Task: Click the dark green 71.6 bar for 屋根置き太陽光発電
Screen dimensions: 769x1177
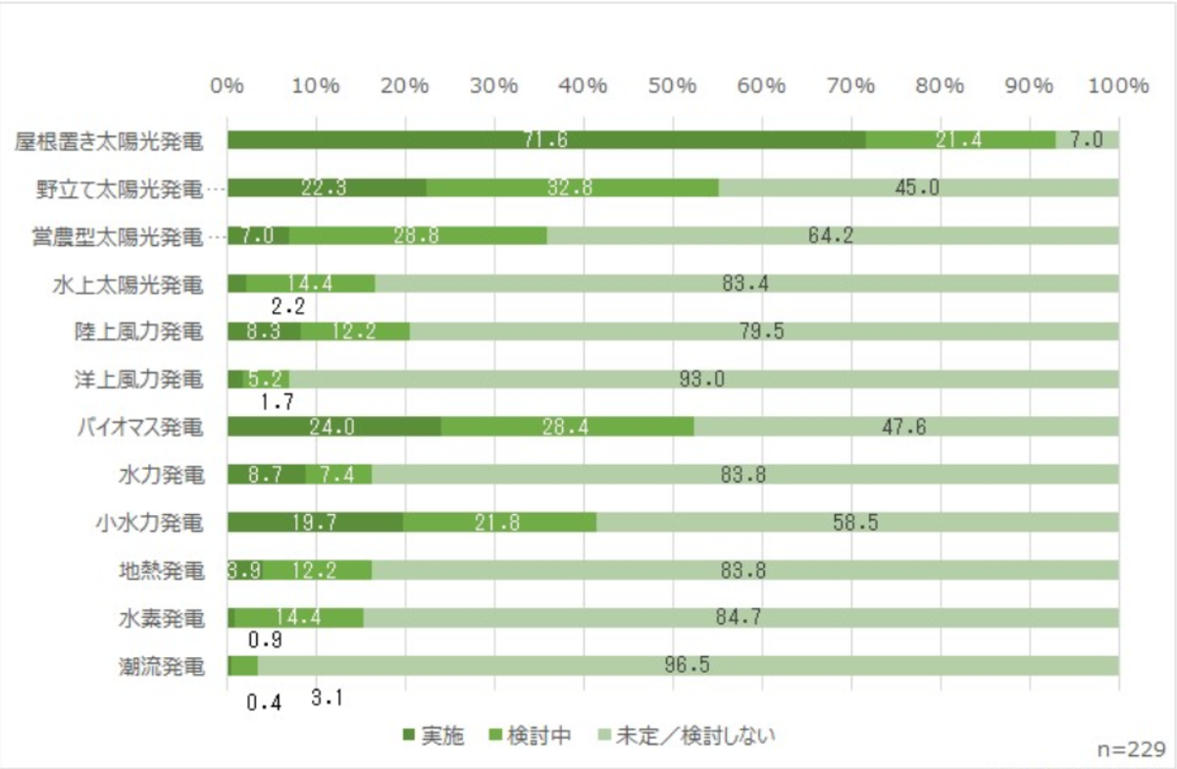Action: point(545,140)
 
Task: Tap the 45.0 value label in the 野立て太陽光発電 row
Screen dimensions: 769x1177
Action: point(918,187)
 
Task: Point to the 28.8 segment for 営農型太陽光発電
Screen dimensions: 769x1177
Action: point(418,235)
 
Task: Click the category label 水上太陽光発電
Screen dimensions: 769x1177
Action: point(128,284)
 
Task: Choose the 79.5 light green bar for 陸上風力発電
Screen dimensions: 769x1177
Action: point(763,332)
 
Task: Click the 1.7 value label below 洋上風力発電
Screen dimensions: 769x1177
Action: point(278,400)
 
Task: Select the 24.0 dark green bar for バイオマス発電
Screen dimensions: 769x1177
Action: point(333,427)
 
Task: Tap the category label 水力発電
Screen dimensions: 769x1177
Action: point(160,475)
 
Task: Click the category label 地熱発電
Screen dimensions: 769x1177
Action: point(160,570)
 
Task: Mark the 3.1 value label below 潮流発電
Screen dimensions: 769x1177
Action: point(328,699)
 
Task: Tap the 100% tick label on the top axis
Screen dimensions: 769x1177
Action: point(1116,85)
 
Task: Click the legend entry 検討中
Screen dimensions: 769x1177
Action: point(529,735)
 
